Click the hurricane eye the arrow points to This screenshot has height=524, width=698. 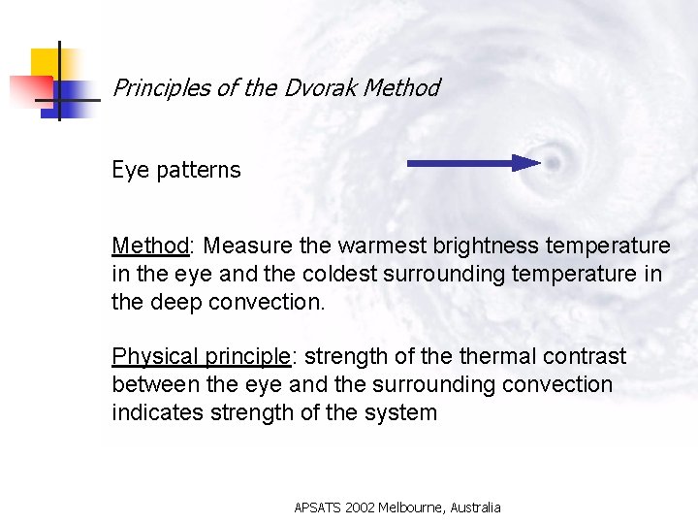(553, 163)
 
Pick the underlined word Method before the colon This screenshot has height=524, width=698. (150, 246)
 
